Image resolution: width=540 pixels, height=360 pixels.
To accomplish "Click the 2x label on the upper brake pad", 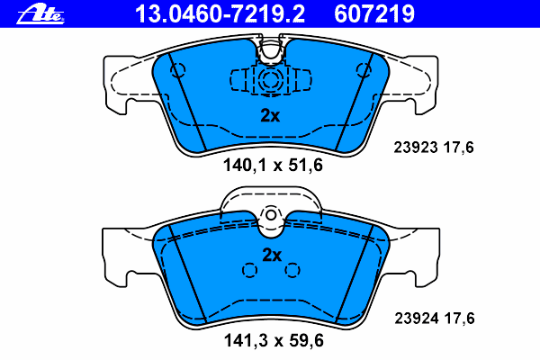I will (x=270, y=115).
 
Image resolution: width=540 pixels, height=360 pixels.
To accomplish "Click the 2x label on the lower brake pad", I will (x=271, y=255).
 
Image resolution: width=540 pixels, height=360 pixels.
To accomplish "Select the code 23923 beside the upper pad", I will (x=417, y=148).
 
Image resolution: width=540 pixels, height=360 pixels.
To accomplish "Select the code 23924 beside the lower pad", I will (x=417, y=317).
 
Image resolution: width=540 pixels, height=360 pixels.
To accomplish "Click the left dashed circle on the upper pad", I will (x=178, y=70).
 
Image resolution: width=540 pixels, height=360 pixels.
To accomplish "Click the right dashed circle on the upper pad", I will (x=364, y=70).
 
